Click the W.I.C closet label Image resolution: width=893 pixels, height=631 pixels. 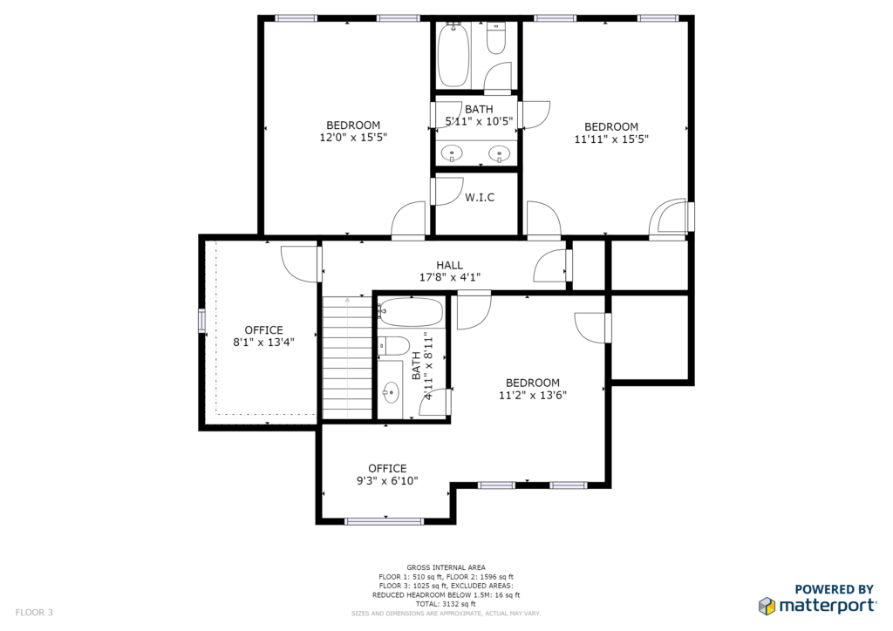(480, 198)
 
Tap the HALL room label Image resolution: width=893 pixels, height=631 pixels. (449, 265)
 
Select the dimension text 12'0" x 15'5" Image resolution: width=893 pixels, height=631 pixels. (353, 137)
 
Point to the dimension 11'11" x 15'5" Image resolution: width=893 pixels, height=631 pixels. (611, 139)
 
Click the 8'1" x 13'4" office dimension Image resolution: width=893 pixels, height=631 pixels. (263, 342)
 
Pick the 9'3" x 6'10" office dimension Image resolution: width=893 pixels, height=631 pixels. (387, 481)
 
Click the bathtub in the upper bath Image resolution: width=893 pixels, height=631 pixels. (453, 54)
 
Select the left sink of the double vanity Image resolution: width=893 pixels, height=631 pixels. (453, 153)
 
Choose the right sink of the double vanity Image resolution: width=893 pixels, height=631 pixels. (500, 153)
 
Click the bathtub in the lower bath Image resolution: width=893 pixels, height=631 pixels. (411, 312)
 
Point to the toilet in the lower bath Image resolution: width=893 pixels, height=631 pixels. (394, 346)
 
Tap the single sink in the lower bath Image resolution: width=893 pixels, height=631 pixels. (391, 392)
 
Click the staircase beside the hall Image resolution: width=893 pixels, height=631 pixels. (347, 358)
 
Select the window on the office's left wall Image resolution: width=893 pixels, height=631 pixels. (201, 321)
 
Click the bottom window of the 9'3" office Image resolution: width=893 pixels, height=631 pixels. (384, 521)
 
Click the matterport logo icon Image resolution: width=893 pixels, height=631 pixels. (767, 606)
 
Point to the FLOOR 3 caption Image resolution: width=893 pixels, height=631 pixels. (34, 613)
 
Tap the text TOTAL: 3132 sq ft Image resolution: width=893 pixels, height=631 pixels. (446, 604)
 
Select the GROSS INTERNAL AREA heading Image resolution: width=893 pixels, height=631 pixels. (446, 567)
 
